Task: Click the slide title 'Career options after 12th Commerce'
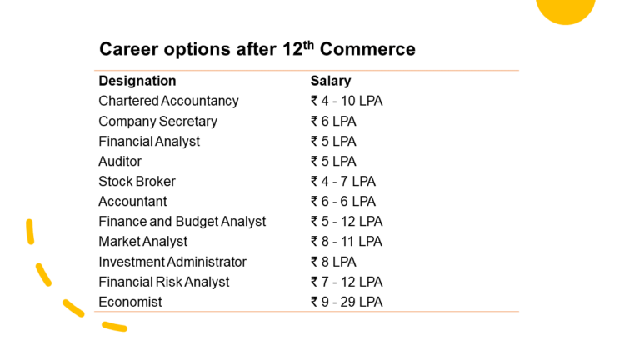[x=257, y=49]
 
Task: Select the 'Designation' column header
[x=137, y=81]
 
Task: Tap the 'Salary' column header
[x=331, y=81]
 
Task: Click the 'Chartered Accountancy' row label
[x=168, y=101]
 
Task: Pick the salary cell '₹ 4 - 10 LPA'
[x=347, y=101]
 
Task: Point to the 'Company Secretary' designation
[x=157, y=121]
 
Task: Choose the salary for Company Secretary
[x=333, y=121]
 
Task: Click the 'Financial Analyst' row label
[x=149, y=141]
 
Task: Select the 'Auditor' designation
[x=120, y=161]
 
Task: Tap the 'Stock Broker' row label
[x=137, y=181]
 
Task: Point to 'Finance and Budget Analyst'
[x=182, y=221]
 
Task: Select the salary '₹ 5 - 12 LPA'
[x=347, y=221]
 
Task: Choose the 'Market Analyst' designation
[x=142, y=241]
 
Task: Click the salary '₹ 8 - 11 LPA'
[x=347, y=241]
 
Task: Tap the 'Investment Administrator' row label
[x=172, y=261]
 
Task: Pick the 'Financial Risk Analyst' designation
[x=163, y=281]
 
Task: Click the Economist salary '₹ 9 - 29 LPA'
[x=347, y=301]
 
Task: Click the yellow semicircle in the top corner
[x=566, y=9]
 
